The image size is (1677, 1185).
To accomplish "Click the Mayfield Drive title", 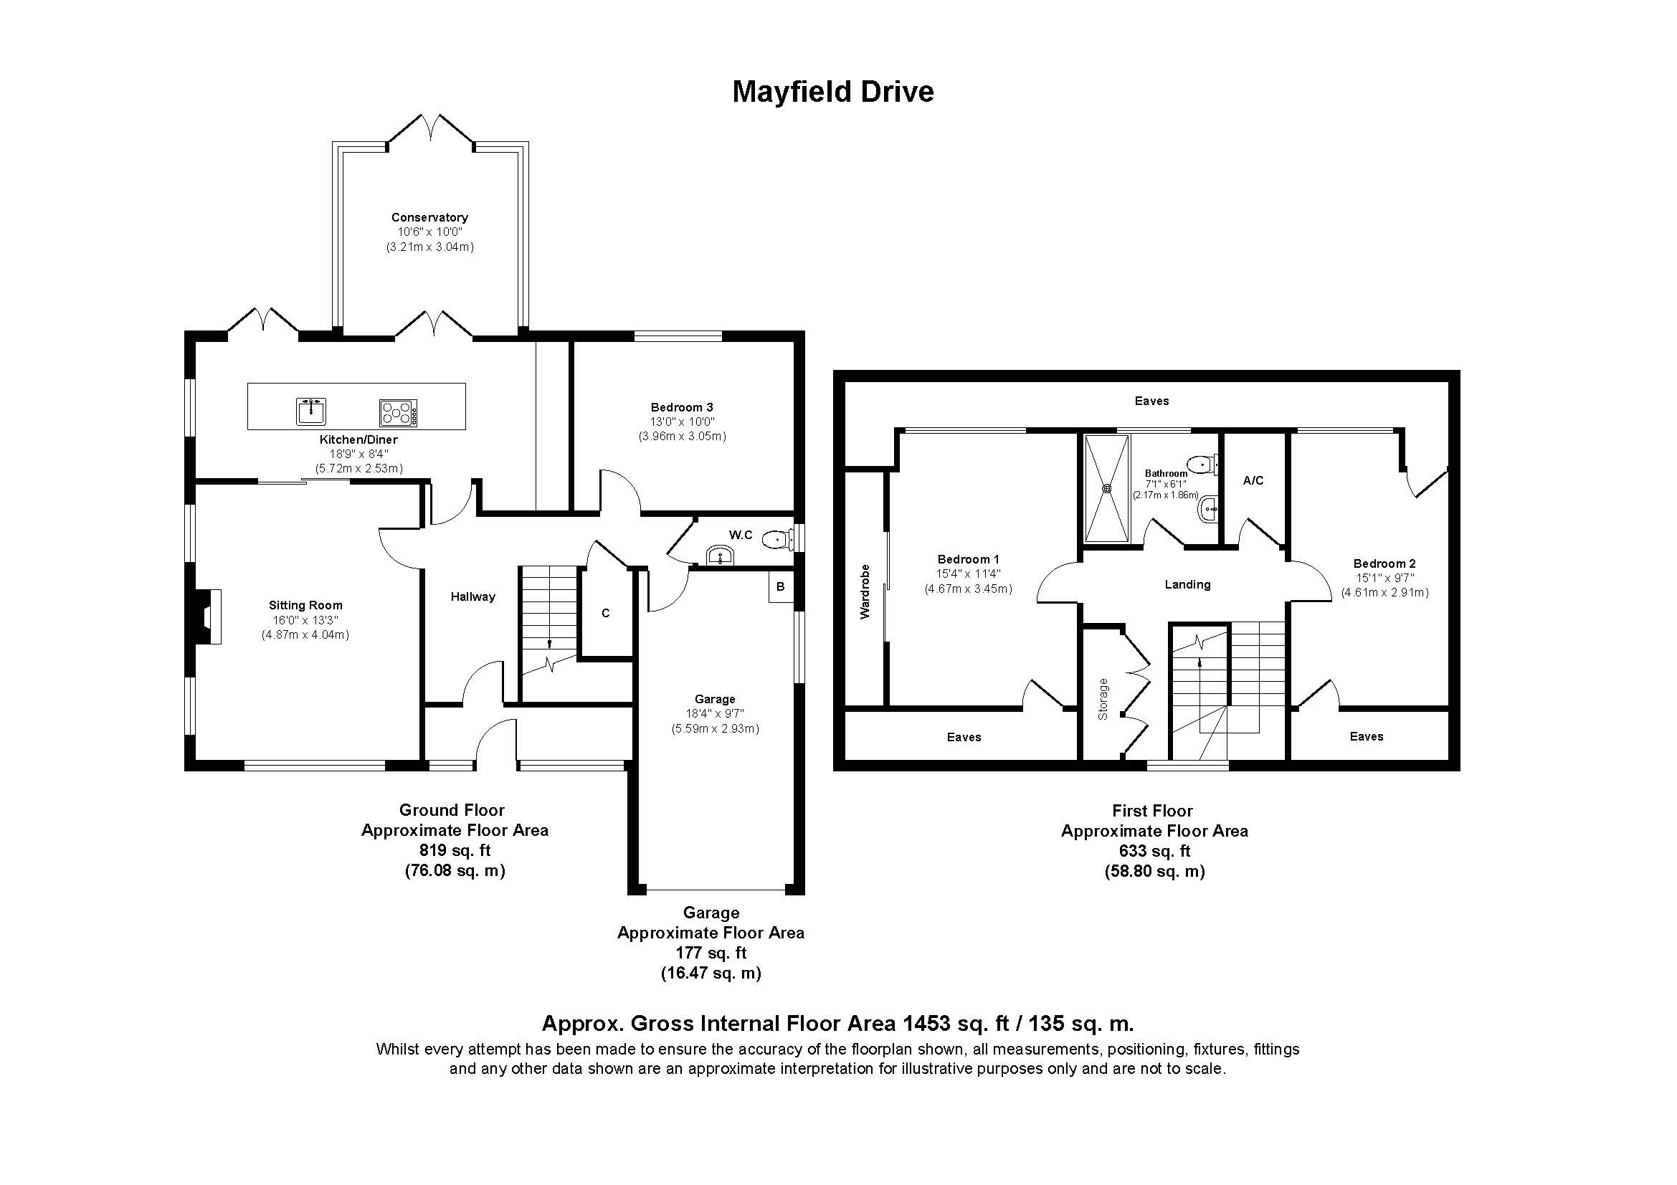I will point(832,92).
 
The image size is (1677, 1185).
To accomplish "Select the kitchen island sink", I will point(311,411).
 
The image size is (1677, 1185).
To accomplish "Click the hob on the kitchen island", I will point(398,412).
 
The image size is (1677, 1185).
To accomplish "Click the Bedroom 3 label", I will point(681,407).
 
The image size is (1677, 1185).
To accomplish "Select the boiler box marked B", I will point(780,587).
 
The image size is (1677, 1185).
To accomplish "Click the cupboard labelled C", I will point(606,614).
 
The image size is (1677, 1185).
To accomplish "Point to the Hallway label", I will point(472,597).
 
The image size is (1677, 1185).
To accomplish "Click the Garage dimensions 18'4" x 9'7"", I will point(714,714).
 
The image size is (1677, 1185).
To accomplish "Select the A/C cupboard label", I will point(1253,480).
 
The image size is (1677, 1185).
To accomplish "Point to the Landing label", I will point(1187,585).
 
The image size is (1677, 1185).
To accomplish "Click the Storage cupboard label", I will point(1103,699).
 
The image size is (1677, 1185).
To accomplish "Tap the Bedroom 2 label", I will point(1384,563).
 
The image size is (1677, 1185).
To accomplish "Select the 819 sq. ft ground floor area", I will point(455,851).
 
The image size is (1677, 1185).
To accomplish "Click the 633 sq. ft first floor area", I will point(1154,852).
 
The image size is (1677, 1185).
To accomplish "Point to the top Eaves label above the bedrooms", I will point(1152,401).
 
